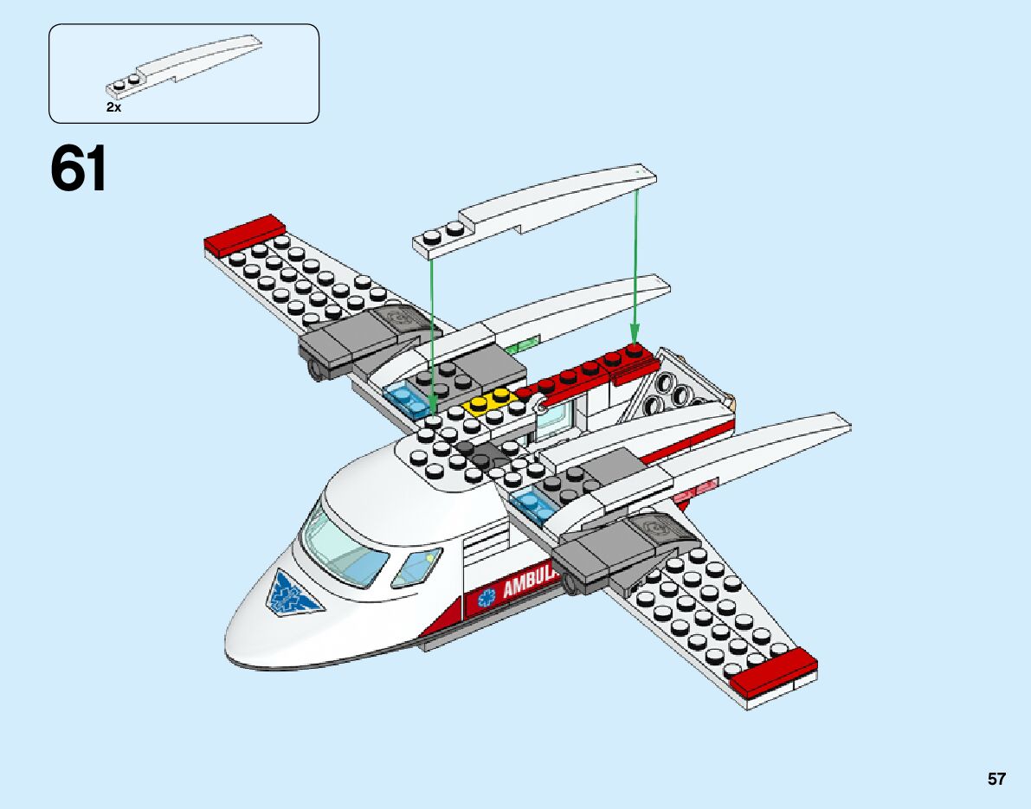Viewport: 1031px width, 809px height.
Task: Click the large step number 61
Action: click(x=79, y=169)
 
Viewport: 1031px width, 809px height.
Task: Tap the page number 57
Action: click(x=996, y=779)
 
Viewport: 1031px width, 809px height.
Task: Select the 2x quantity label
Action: click(x=113, y=108)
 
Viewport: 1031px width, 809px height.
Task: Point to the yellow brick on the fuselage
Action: click(x=490, y=401)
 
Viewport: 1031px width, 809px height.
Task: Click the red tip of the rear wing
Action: click(x=245, y=233)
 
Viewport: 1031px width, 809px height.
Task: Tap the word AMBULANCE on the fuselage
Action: click(x=529, y=589)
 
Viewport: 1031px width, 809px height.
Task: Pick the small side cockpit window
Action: click(x=417, y=567)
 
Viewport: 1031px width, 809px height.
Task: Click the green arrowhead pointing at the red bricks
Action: click(x=634, y=332)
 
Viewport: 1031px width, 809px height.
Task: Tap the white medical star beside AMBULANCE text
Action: click(x=487, y=597)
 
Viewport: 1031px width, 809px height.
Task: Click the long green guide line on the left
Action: click(x=432, y=337)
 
